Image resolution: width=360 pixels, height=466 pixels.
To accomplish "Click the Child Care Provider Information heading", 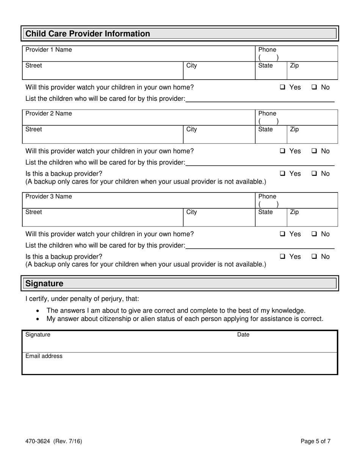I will click(88, 34).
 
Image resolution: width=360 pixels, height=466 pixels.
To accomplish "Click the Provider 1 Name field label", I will click(49, 50).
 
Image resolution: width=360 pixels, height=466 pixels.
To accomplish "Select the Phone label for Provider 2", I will click(267, 113).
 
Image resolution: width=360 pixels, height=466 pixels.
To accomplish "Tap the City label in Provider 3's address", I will click(192, 212).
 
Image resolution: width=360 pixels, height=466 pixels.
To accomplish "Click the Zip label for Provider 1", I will click(294, 66).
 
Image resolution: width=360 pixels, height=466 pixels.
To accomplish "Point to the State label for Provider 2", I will click(265, 129).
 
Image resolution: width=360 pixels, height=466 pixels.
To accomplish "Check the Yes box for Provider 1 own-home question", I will click(283, 87).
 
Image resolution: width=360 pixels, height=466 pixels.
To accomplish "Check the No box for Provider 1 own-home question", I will click(315, 87).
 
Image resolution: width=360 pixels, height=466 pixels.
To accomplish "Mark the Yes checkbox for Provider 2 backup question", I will click(283, 174).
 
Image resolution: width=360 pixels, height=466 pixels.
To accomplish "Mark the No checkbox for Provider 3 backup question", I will click(315, 256).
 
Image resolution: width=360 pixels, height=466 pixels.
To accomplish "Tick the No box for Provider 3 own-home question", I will click(315, 234).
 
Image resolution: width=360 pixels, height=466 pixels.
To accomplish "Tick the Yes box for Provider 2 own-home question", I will click(283, 151).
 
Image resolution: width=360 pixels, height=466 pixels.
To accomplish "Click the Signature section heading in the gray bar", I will click(44, 283).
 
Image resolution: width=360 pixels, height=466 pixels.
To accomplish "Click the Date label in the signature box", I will click(243, 335).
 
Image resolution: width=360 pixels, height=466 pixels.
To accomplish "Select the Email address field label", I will click(44, 356).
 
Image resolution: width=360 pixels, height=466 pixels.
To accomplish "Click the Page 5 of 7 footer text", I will click(316, 441).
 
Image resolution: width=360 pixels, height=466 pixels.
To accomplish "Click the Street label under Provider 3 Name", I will click(34, 212).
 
